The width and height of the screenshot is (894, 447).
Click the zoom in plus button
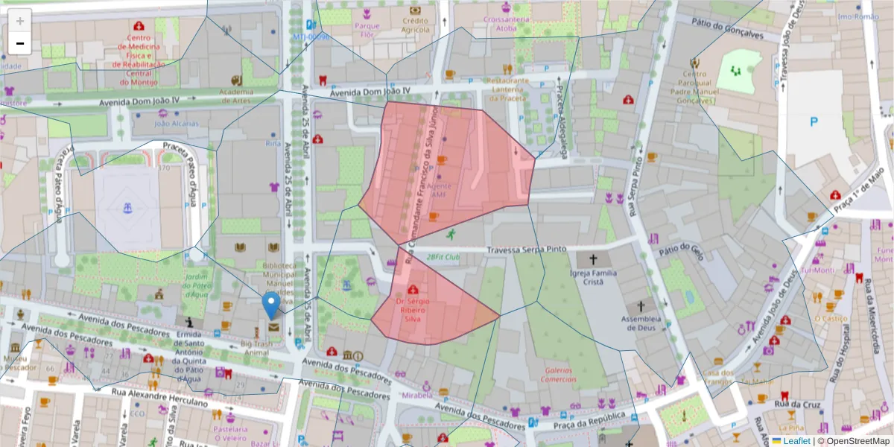point(19,21)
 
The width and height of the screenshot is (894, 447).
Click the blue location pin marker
point(272,305)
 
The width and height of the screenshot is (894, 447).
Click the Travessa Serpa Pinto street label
point(527,250)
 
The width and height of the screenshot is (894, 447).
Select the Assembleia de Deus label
point(638,320)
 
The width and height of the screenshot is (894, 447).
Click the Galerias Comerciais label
point(559,374)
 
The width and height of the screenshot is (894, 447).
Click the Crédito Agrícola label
point(415,25)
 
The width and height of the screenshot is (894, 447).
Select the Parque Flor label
point(367,30)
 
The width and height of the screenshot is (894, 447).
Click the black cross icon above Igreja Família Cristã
point(594,260)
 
